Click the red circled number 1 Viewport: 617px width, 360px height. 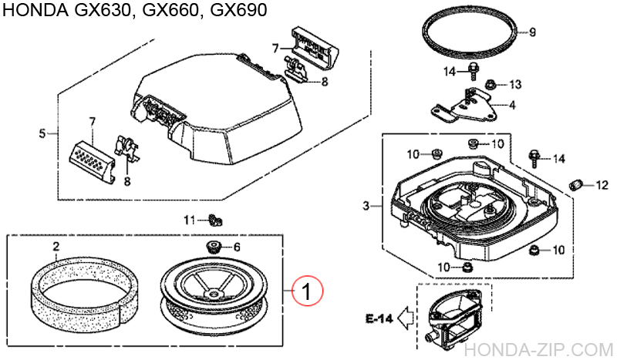click(x=306, y=292)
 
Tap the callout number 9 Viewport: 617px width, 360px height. click(x=532, y=32)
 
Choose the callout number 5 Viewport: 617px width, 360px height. click(x=42, y=133)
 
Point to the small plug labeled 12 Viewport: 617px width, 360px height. click(x=575, y=183)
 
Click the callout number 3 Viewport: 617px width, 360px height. click(x=366, y=206)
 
